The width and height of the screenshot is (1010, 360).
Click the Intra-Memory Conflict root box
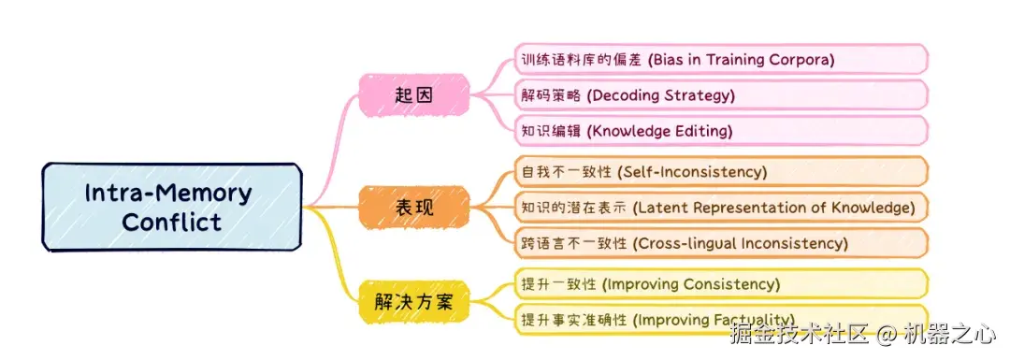[x=172, y=207]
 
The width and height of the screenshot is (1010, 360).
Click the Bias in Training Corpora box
[x=720, y=59]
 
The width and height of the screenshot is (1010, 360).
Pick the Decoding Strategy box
[x=720, y=94]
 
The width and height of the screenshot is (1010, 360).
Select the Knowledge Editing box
[x=720, y=130]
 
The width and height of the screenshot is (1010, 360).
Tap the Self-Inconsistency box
[x=720, y=171]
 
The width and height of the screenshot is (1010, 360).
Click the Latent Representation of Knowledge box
[x=720, y=207]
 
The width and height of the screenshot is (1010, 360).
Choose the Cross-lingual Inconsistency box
[x=720, y=242]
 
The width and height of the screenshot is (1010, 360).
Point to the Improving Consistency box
[x=720, y=283]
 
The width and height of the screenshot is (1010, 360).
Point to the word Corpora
[x=798, y=59]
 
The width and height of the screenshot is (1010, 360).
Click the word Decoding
[x=622, y=94]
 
